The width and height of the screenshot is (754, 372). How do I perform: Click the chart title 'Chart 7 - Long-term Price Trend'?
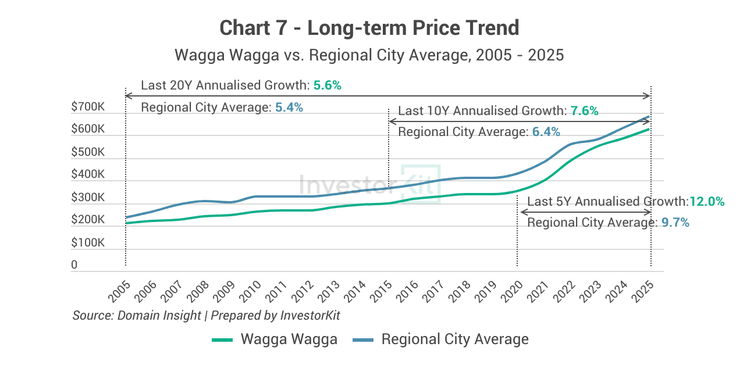[x=369, y=27]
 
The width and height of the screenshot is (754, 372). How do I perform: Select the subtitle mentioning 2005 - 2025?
[x=369, y=56]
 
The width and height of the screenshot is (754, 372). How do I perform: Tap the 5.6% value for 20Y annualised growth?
[x=327, y=85]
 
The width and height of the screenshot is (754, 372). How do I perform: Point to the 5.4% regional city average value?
[x=289, y=108]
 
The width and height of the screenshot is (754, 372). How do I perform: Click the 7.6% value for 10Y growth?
[x=584, y=111]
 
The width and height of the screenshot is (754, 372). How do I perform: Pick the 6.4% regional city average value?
[x=546, y=133]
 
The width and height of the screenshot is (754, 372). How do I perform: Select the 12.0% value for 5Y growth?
[x=707, y=202]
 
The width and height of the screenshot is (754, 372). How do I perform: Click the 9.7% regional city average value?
[x=675, y=223]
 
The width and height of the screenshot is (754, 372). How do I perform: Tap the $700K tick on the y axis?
[x=88, y=107]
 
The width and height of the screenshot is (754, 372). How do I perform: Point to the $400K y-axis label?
[x=88, y=175]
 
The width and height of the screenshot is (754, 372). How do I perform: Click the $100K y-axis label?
[x=88, y=243]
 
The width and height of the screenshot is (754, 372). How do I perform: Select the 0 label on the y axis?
[x=74, y=265]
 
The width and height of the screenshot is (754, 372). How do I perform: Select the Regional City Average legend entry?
[x=441, y=339]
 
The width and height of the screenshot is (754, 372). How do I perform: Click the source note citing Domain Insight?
[x=206, y=316]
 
